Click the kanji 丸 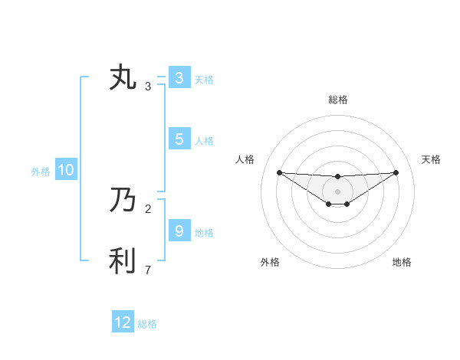pos(123,78)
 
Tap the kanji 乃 pos(123,201)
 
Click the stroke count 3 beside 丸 pos(148,87)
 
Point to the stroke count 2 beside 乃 pos(148,208)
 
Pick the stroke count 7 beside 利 pos(148,270)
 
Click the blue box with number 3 pos(179,78)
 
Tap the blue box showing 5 pos(179,139)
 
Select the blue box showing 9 pos(179,231)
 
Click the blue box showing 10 pos(65,171)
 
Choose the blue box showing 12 pos(123,322)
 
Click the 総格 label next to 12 pos(147,324)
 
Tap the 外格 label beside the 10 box pos(41,172)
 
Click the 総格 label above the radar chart pos(337,100)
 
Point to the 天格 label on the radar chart pos(431,159)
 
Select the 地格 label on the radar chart pos(402,262)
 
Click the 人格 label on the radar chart pos(245,159)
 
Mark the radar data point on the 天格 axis pos(396,172)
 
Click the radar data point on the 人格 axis pos(279,172)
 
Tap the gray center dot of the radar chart pos(337,191)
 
